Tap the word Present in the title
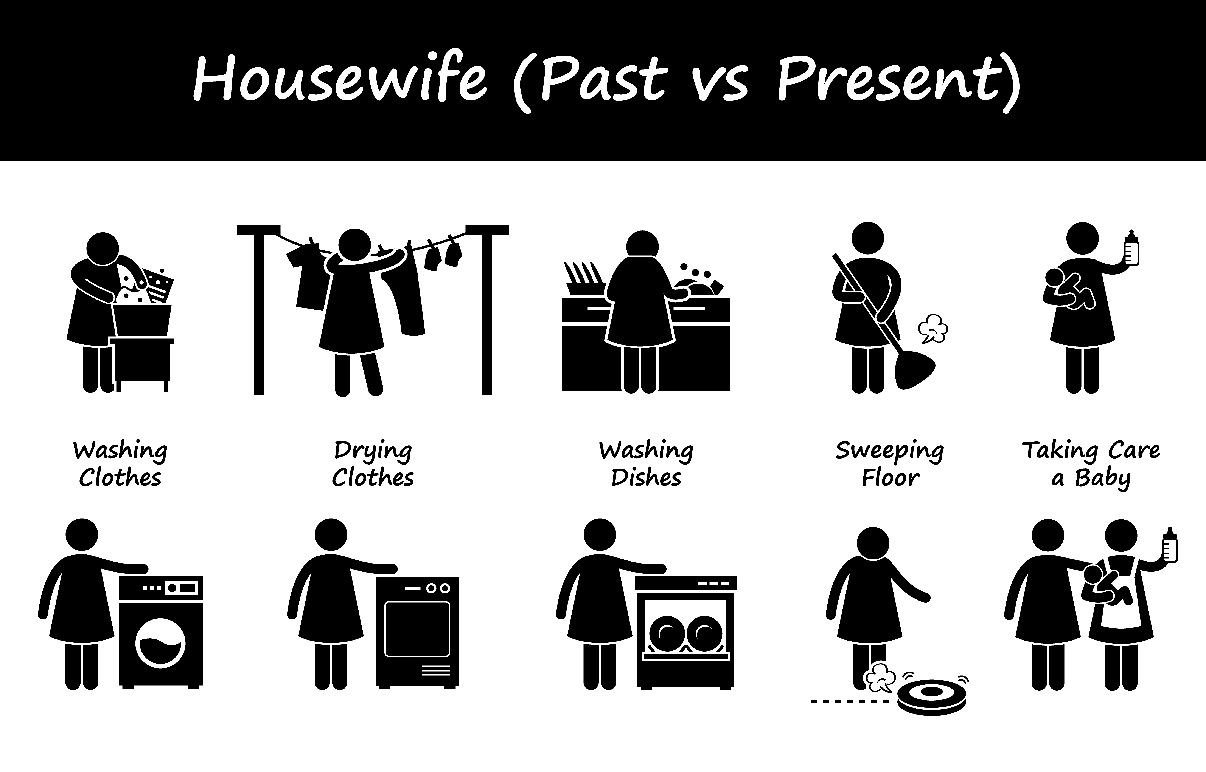tap(898, 80)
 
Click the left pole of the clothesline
tap(258, 311)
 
